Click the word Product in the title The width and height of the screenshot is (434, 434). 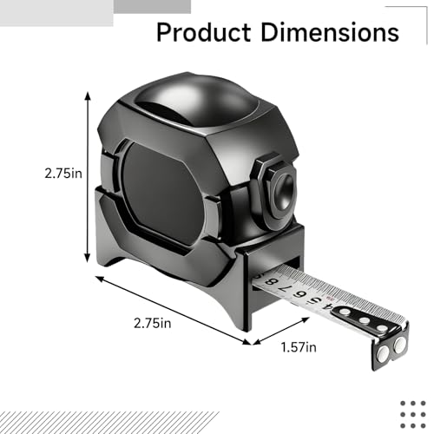point(203,32)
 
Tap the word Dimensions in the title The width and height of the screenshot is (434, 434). point(330,32)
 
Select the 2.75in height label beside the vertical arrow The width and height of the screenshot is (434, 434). point(63,174)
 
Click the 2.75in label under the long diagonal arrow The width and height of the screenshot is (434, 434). point(153,323)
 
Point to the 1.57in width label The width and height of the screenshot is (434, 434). point(299,347)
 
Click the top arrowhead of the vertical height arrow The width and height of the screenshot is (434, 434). point(88,95)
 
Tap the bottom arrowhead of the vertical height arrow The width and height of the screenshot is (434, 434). point(88,258)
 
